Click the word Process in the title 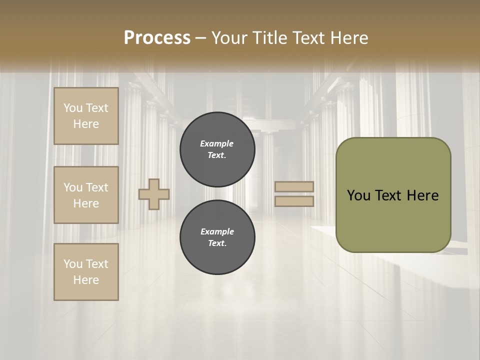(157, 38)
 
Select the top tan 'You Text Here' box (86, 116)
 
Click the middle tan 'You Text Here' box (86, 195)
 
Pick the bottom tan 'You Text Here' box (86, 272)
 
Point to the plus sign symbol (154, 194)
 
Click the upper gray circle (217, 149)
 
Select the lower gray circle (217, 237)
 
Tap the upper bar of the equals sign (294, 187)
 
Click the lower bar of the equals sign (294, 201)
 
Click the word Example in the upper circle (217, 143)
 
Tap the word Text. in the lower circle (217, 243)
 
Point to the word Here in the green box (422, 195)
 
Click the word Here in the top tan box (86, 124)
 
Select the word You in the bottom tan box (72, 264)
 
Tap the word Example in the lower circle (217, 231)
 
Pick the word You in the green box (358, 195)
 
